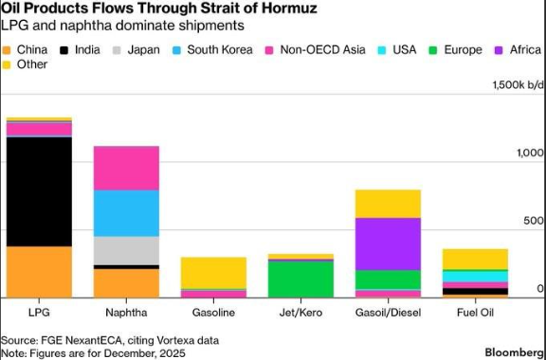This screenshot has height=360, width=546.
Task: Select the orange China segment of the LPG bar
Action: pos(39,271)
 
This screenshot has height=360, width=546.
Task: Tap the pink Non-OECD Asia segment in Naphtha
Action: pos(126,168)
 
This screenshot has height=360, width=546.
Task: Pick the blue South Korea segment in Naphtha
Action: pos(126,213)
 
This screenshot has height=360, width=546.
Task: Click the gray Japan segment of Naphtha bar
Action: pos(126,250)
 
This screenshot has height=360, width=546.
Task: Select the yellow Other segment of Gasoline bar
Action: pos(213,273)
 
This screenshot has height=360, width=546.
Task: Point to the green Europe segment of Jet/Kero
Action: pos(300,278)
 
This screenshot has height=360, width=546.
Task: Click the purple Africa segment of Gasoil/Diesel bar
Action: pos(388,243)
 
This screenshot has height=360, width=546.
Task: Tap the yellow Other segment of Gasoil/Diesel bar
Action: pos(388,204)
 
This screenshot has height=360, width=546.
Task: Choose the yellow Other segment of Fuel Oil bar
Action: pos(475,259)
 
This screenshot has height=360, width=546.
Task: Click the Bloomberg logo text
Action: pos(513,351)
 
